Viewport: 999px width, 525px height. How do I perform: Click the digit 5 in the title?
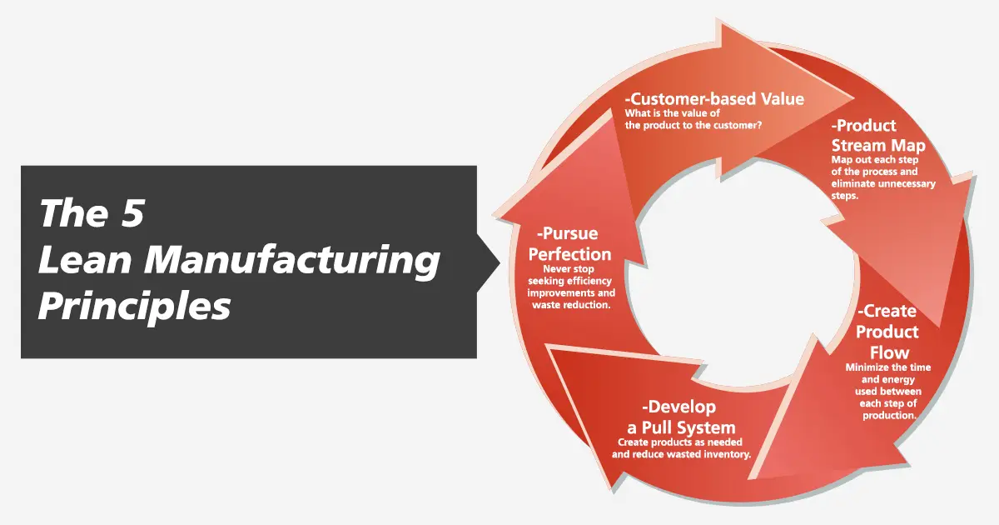coord(132,213)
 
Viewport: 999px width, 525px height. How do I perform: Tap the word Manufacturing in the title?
coord(292,260)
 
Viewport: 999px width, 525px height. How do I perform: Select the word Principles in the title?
coord(135,307)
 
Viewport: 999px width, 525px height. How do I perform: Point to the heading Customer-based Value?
coord(714,98)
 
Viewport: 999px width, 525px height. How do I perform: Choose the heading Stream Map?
coord(878,146)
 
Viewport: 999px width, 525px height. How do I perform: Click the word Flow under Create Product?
coord(889,353)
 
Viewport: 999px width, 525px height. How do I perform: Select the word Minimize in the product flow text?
coord(865,367)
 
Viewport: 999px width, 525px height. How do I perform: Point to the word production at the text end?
coord(889,416)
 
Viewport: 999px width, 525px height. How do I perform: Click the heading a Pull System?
coord(681,428)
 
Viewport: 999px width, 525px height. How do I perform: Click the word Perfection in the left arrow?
coord(569,254)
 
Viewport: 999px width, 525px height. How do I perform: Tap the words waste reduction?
coord(571,305)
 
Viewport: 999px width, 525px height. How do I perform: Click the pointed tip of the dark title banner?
coord(499,262)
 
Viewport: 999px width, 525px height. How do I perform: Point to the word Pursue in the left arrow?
coord(567,233)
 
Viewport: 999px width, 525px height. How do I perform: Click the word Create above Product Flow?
coord(887,311)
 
